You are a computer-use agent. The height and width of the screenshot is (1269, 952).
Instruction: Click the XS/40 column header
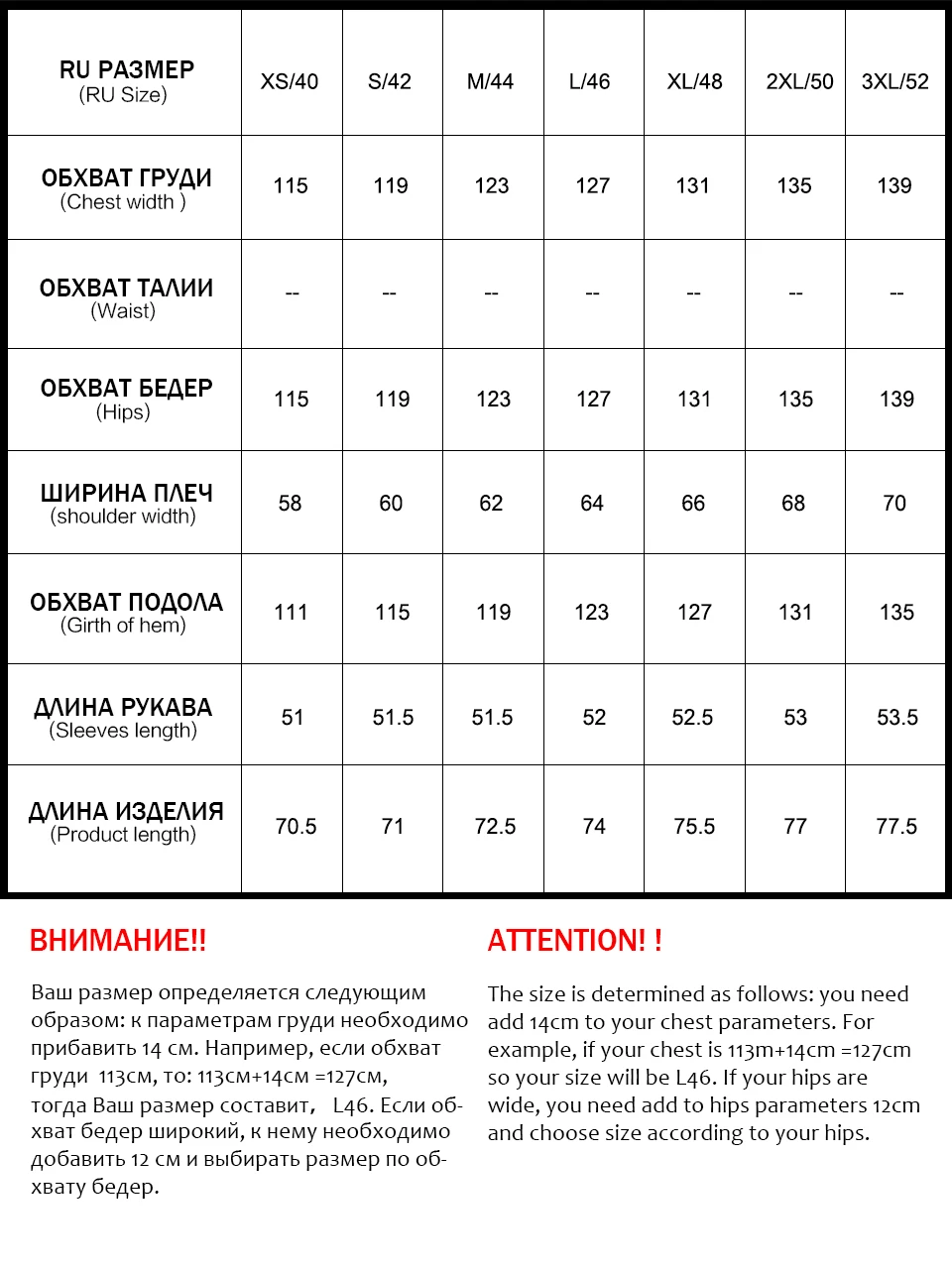pos(290,82)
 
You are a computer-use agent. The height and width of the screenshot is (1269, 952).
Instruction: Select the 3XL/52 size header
pos(894,82)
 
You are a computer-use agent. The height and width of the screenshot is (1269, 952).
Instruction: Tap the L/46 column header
pos(590,82)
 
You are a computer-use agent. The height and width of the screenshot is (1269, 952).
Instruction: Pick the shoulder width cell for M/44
pos(491,504)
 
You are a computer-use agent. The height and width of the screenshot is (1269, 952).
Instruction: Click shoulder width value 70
pos(894,504)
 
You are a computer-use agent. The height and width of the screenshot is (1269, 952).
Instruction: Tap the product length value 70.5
pos(296,827)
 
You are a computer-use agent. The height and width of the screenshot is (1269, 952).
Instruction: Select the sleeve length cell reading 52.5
pos(692,718)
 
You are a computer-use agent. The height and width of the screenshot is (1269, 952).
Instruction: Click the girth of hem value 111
pos(292,613)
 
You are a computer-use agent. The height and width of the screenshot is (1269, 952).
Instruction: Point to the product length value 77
pos(795,827)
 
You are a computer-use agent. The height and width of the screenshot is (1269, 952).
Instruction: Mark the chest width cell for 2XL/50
pos(794,186)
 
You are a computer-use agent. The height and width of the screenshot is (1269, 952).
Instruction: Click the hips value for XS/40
pos(292,400)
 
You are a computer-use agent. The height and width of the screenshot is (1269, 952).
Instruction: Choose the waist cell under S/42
pos(390,293)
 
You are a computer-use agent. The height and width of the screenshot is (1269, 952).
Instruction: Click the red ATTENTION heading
pos(575,941)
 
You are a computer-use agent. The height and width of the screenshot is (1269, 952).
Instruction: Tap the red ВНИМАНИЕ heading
pos(118,941)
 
